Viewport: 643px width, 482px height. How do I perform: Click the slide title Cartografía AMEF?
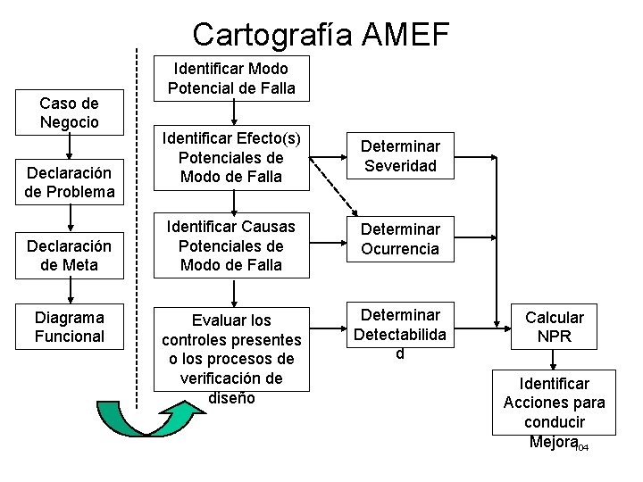[x=321, y=34]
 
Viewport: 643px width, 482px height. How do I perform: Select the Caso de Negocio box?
[x=70, y=112]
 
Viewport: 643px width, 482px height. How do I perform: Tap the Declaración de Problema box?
[x=70, y=182]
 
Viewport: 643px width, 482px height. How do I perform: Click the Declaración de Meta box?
[x=70, y=255]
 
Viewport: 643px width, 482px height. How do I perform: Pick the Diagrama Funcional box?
[x=70, y=327]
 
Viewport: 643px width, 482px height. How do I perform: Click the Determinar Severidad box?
[x=399, y=155]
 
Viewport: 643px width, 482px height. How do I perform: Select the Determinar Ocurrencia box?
[x=399, y=239]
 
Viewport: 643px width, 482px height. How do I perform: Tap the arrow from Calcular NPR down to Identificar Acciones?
[x=554, y=358]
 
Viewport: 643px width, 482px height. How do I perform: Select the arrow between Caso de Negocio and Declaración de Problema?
[x=70, y=147]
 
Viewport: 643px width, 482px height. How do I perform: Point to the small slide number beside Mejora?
[x=581, y=446]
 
